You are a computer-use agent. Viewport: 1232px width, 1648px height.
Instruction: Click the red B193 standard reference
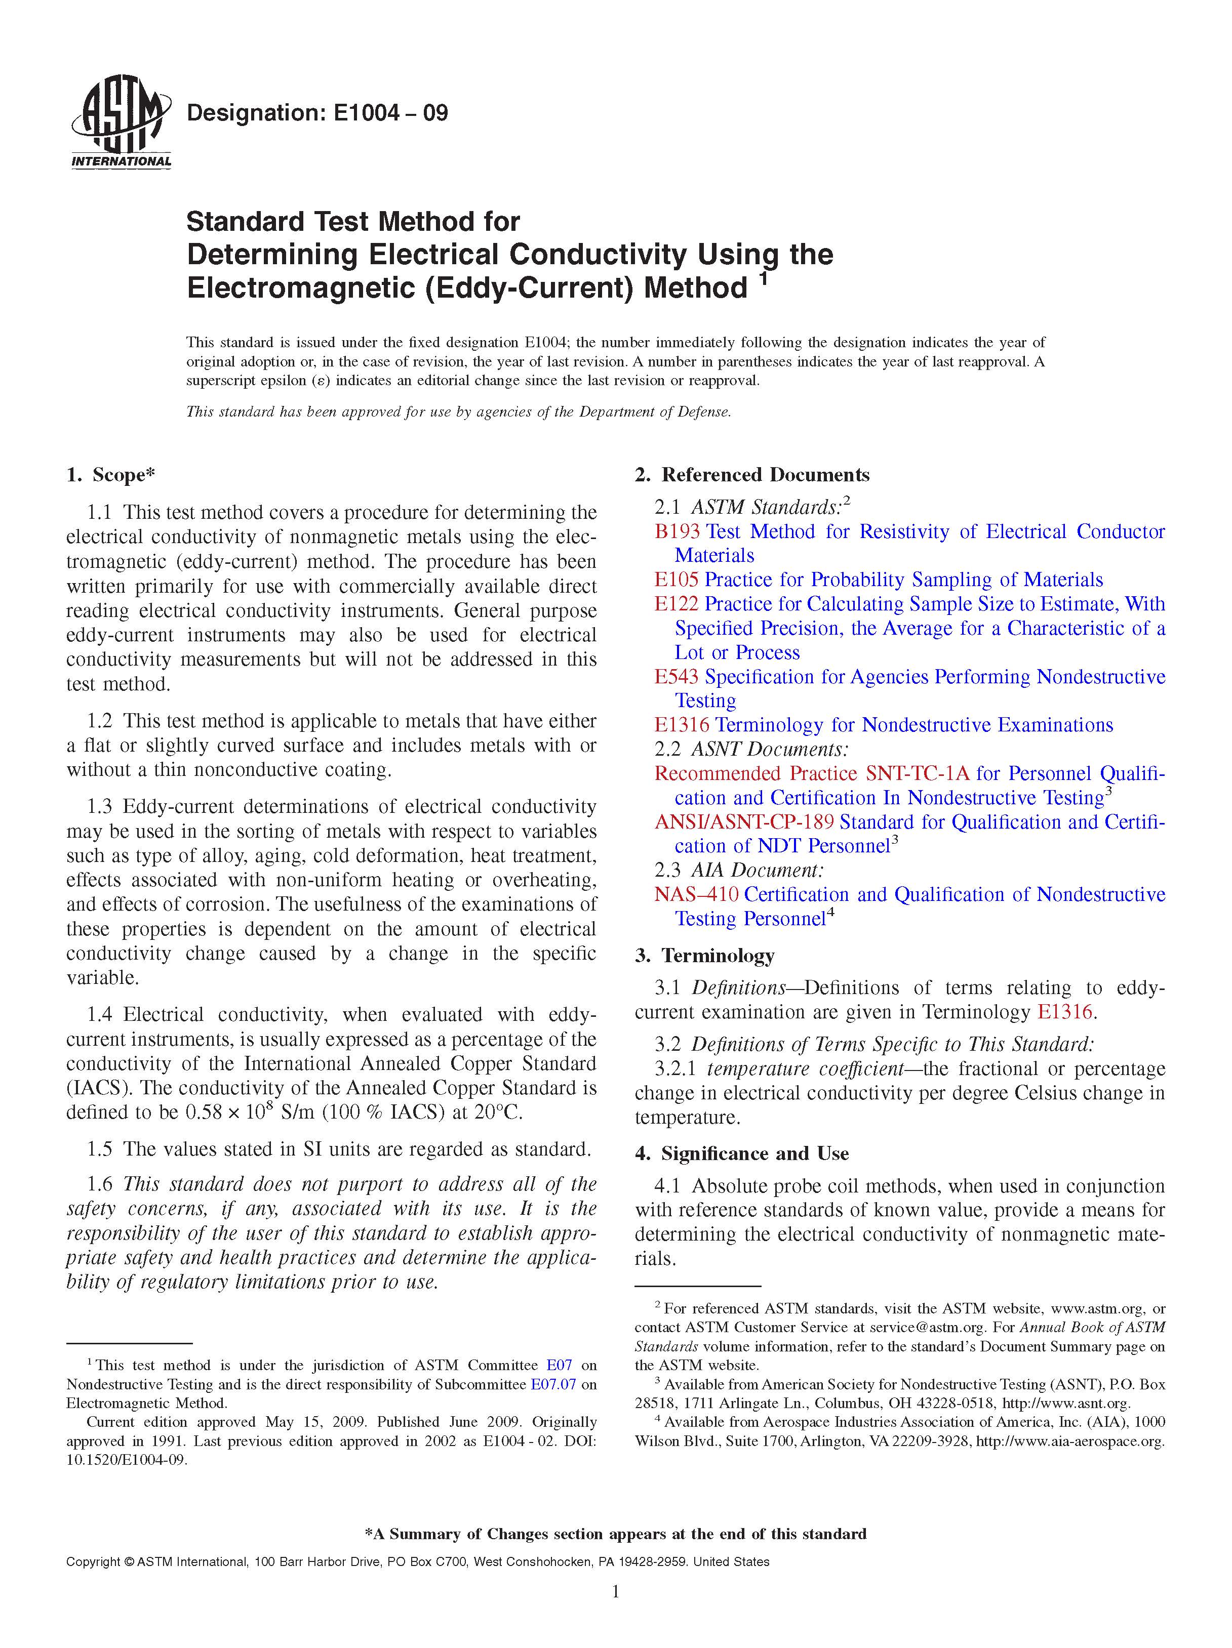pyautogui.click(x=677, y=531)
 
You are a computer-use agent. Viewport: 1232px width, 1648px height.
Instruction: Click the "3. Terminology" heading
pyautogui.click(x=704, y=956)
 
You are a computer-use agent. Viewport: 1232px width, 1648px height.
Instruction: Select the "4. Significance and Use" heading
pyautogui.click(x=742, y=1154)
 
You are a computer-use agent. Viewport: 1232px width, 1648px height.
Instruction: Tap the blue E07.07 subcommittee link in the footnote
pyautogui.click(x=552, y=1385)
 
